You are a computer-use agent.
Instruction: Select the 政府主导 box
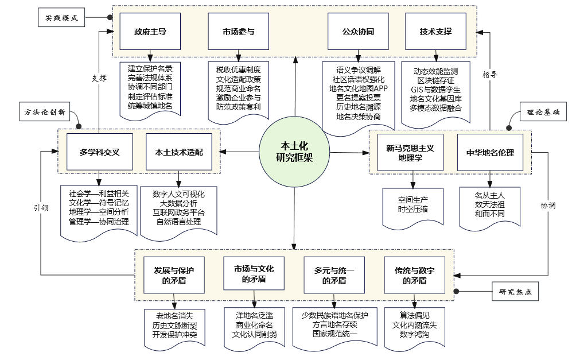click(150, 32)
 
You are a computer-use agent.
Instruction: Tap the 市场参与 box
click(238, 32)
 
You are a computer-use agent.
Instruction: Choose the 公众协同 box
click(359, 32)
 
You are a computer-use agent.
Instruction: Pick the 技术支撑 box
click(435, 32)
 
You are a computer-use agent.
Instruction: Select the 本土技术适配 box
click(178, 152)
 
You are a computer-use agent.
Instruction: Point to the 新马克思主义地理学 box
click(410, 152)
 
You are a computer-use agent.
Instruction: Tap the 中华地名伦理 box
click(489, 153)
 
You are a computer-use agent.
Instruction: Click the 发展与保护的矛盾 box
click(174, 275)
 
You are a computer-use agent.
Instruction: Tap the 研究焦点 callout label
click(515, 292)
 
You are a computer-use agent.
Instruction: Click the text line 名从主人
click(489, 195)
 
